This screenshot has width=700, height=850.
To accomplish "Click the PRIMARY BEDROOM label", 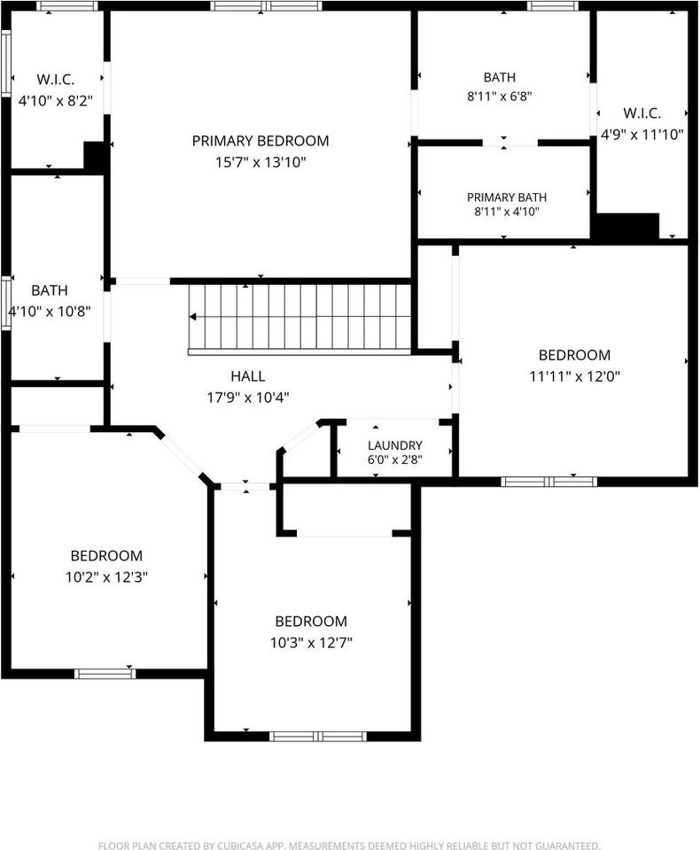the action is pyautogui.click(x=261, y=141).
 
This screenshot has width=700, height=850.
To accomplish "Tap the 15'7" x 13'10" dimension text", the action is pyautogui.click(x=261, y=162).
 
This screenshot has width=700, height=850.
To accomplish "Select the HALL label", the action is pyautogui.click(x=248, y=376).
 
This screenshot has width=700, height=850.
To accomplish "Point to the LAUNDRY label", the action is pyautogui.click(x=395, y=445).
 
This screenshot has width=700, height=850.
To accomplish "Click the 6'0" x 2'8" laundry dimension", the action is pyautogui.click(x=395, y=460).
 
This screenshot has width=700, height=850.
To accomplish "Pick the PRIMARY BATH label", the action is pyautogui.click(x=507, y=197).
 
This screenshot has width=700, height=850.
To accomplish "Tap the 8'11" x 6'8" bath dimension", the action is pyautogui.click(x=499, y=97).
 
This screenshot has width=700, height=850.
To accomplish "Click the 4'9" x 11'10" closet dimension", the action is pyautogui.click(x=642, y=135).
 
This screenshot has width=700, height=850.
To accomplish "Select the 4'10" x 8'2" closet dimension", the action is pyautogui.click(x=55, y=101).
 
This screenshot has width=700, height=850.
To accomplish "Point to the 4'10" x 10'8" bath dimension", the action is pyautogui.click(x=50, y=312).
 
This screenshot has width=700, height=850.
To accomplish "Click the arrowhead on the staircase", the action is pyautogui.click(x=192, y=317).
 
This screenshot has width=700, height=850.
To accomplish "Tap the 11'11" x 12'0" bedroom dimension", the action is pyautogui.click(x=575, y=376).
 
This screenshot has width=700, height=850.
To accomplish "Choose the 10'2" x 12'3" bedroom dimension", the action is pyautogui.click(x=107, y=576).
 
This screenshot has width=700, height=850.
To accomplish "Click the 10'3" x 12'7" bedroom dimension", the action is pyautogui.click(x=312, y=643).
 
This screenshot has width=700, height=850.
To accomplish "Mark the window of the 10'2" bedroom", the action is pyautogui.click(x=105, y=674).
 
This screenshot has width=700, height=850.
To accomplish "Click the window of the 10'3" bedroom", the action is pyautogui.click(x=318, y=736).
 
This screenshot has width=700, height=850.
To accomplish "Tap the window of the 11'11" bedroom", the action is pyautogui.click(x=548, y=482).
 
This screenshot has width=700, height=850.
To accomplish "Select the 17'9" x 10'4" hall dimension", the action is pyautogui.click(x=248, y=398).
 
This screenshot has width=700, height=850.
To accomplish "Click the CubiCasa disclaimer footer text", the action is pyautogui.click(x=349, y=845).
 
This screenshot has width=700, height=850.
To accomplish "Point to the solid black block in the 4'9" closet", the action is pyautogui.click(x=627, y=226).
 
